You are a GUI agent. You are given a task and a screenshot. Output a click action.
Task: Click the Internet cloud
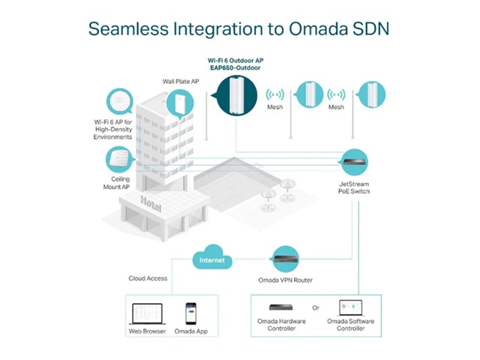click(211, 259)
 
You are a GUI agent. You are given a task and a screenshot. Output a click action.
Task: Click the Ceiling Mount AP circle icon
click(119, 158)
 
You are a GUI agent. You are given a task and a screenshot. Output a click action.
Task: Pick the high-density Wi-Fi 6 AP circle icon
click(120, 102)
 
